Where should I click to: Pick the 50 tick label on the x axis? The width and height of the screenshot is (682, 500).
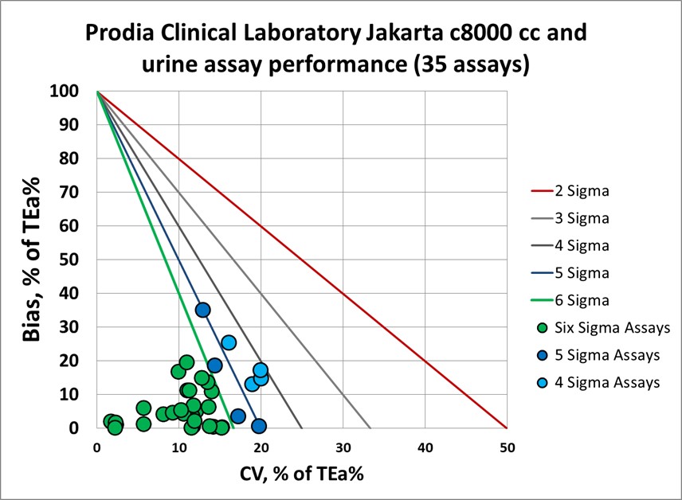click(x=507, y=448)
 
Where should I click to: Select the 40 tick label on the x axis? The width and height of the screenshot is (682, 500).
click(x=425, y=448)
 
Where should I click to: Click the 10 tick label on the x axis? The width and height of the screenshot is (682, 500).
click(x=178, y=448)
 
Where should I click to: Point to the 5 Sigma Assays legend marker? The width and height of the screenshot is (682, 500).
click(x=542, y=354)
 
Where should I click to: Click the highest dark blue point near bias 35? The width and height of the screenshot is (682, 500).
click(x=202, y=310)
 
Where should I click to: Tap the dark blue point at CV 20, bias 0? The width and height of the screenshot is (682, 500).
click(x=259, y=426)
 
